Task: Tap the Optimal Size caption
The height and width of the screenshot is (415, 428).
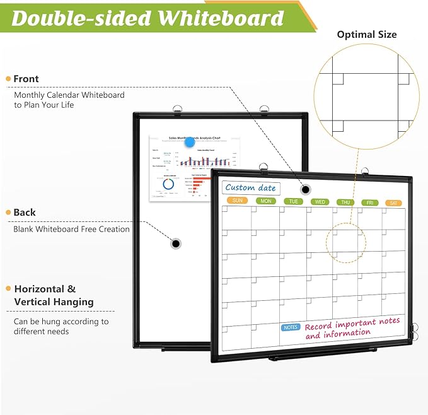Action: pos(367,35)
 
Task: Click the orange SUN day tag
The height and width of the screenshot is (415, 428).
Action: pos(237,201)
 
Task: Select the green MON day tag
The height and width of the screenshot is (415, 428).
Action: pos(266,201)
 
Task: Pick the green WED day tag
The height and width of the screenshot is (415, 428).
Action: pos(320,202)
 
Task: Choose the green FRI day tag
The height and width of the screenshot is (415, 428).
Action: pos(371,202)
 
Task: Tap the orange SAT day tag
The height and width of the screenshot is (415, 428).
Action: pos(395,202)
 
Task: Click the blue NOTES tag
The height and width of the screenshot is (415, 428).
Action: pos(291,327)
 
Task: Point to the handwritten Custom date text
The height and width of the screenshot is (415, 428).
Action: pos(250,187)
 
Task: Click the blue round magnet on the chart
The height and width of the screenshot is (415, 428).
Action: pos(189,143)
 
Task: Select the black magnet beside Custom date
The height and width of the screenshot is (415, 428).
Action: pos(306,189)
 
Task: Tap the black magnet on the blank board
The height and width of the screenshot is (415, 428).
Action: pos(176,243)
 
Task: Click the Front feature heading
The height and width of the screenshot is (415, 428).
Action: pos(26,79)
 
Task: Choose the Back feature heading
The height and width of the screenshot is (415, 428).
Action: pos(25,213)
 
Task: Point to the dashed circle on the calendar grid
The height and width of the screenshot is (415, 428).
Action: pos(345,243)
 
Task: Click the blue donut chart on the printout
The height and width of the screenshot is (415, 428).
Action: pos(168,184)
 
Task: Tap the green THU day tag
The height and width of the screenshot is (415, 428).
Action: pos(345,202)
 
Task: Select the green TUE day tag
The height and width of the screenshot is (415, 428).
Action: pos(293,201)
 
